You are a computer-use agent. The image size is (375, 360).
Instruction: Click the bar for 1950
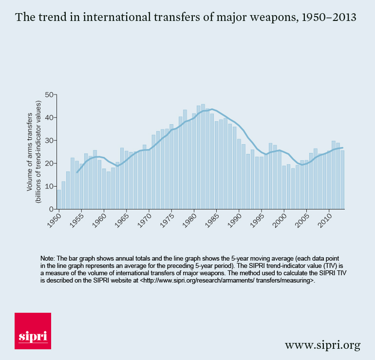pos(59,199)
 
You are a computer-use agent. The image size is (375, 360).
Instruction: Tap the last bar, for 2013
pos(342,180)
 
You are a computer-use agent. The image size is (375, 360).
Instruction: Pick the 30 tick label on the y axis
pos(49,140)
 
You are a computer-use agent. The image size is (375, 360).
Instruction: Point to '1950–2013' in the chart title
pos(329,18)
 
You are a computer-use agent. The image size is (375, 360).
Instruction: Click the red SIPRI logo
pos(33,331)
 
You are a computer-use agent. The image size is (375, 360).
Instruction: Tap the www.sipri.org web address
pos(322,345)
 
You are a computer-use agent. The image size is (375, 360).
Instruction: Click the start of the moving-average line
pos(77,172)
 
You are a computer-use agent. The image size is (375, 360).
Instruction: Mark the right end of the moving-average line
pos(342,148)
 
